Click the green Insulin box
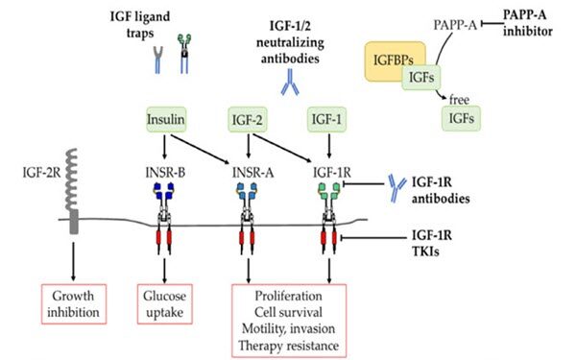coord(166,119)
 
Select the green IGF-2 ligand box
coord(248,119)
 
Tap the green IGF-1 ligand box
coord(326,119)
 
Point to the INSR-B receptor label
coord(165,172)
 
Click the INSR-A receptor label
coord(252,172)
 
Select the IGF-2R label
coord(41,172)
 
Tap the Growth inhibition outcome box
coord(74,303)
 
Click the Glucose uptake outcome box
coord(165,303)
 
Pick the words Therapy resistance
coord(289,346)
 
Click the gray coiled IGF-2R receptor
coord(73,191)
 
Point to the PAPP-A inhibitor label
coord(527,23)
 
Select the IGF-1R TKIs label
coord(432,243)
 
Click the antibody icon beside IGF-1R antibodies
coord(396,188)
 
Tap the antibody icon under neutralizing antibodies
coord(290,83)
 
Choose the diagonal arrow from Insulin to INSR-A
coord(200,150)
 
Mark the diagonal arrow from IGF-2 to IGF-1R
coord(282,148)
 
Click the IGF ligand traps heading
coord(140,25)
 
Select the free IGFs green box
coord(461,118)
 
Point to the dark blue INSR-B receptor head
coord(164,191)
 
